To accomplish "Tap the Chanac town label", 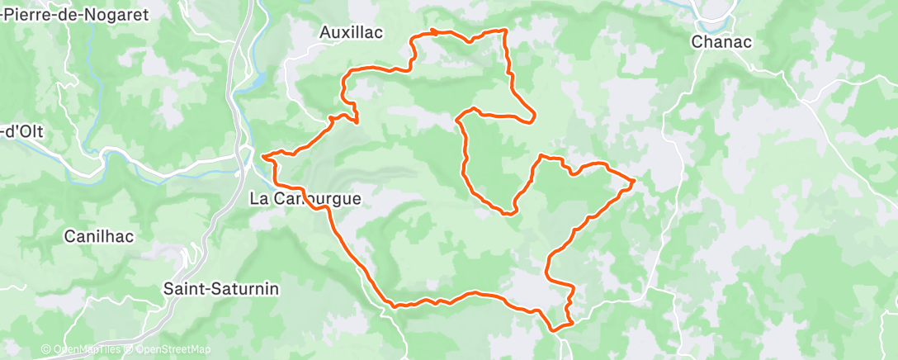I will click(x=721, y=42).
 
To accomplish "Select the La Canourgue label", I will click(x=305, y=199).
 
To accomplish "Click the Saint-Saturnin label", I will click(x=221, y=289).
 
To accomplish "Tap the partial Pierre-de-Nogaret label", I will click(x=73, y=15).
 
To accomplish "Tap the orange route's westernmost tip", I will click(x=262, y=155).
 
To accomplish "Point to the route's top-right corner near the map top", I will click(x=503, y=31).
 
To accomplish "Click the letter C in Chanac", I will click(x=697, y=42).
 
